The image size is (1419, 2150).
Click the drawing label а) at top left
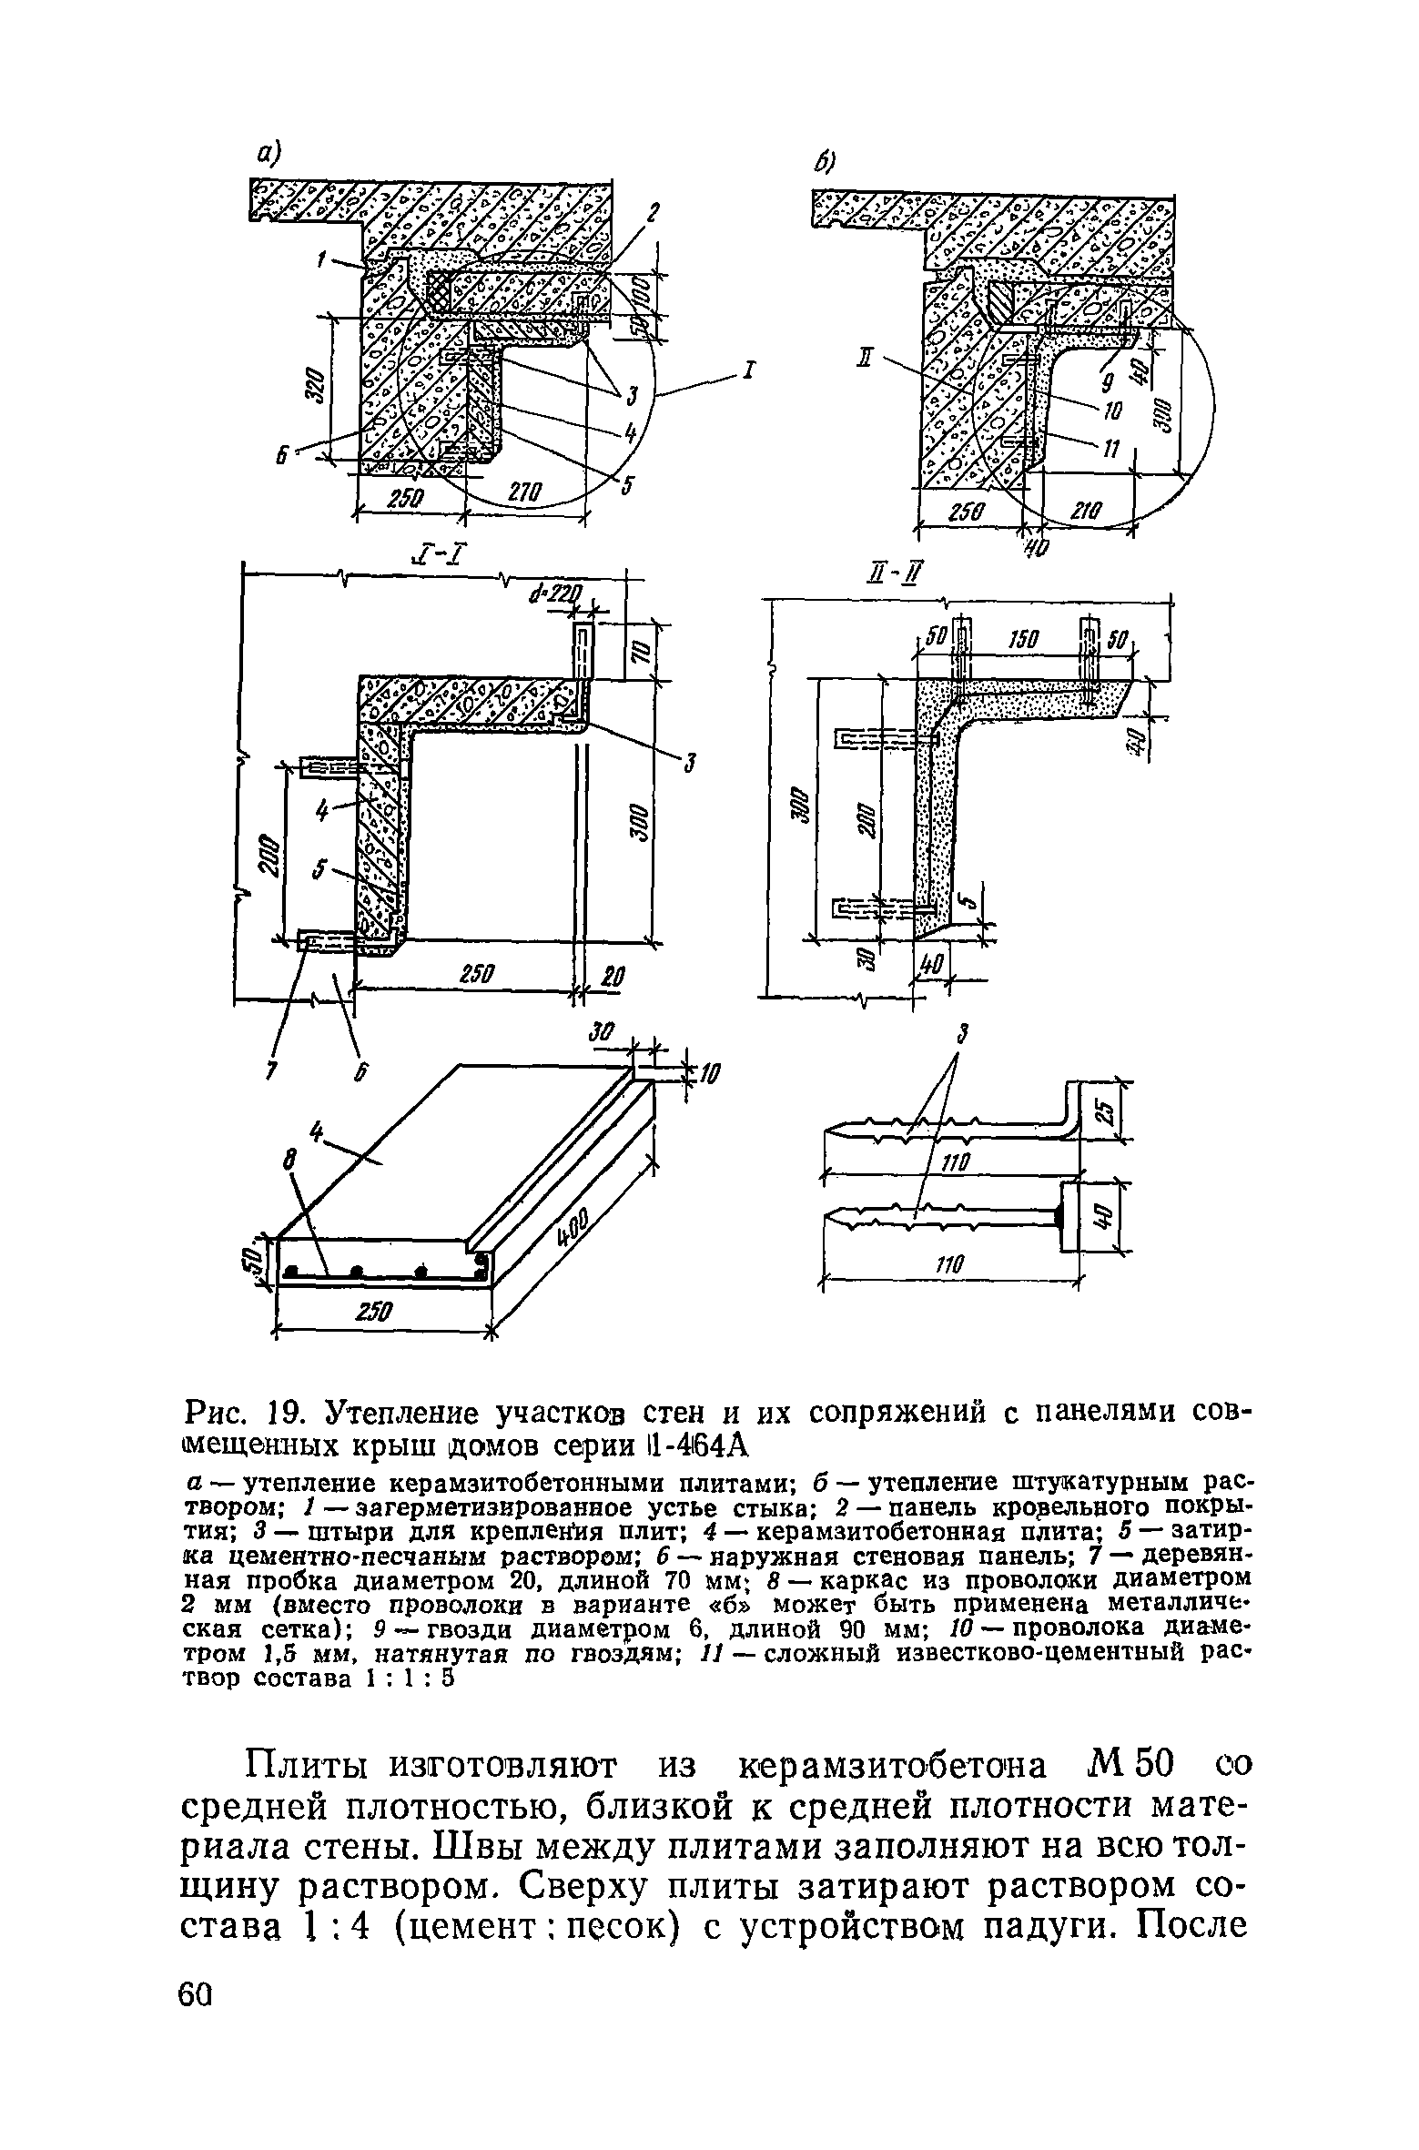point(268,156)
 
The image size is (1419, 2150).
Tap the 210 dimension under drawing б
point(1084,513)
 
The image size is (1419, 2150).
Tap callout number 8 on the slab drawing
point(289,1161)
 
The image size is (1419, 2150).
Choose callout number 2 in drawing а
point(652,215)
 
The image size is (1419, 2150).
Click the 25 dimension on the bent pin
point(1104,1111)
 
